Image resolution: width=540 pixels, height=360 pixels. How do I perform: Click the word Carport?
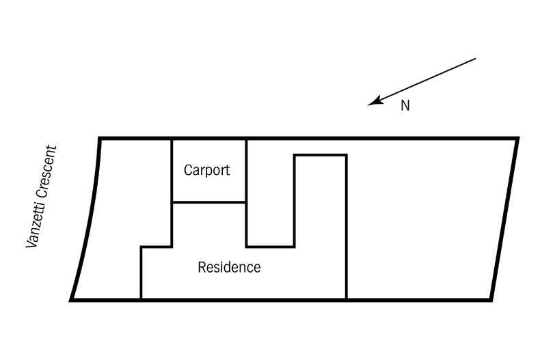pyautogui.click(x=207, y=170)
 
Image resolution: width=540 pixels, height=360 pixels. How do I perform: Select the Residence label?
pyautogui.click(x=229, y=267)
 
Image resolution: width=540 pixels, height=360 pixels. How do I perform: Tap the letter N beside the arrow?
pyautogui.click(x=405, y=107)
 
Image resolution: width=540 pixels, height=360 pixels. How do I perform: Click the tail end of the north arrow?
pyautogui.click(x=474, y=59)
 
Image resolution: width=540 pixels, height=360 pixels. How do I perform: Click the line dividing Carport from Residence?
pyautogui.click(x=208, y=202)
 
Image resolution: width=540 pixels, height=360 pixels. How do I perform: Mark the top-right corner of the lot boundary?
pyautogui.click(x=517, y=139)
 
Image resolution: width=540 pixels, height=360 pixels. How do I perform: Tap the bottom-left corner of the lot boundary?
pyautogui.click(x=72, y=299)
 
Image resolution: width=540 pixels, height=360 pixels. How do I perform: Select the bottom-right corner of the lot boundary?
pyautogui.click(x=491, y=299)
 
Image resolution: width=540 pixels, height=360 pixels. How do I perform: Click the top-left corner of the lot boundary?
pyautogui.click(x=100, y=139)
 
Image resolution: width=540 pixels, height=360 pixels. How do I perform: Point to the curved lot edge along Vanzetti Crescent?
pyautogui.click(x=87, y=219)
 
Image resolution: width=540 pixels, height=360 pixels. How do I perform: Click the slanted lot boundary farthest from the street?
pyautogui.click(x=504, y=219)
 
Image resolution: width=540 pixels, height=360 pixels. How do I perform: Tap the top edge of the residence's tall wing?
pyautogui.click(x=320, y=156)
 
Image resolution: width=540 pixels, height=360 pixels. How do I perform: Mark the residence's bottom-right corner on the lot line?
pyautogui.click(x=346, y=299)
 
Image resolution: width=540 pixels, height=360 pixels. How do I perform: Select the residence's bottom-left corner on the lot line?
pyautogui.click(x=141, y=299)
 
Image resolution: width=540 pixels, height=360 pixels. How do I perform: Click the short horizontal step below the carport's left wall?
pyautogui.click(x=156, y=247)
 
